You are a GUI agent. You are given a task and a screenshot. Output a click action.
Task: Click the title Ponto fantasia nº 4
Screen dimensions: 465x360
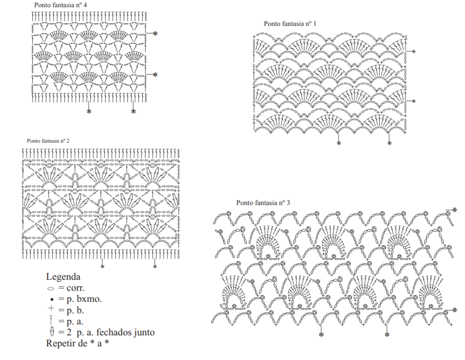[x=60, y=5]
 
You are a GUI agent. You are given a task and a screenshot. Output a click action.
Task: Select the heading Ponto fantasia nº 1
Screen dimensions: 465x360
[x=290, y=24]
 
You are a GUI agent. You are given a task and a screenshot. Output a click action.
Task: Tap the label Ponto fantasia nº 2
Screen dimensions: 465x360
[x=48, y=141]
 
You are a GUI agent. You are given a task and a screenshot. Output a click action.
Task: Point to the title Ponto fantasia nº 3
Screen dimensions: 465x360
[x=263, y=203]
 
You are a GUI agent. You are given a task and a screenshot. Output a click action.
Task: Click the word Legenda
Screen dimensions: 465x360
[x=63, y=276]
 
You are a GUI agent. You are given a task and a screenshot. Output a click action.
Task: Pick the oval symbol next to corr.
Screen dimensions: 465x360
[x=51, y=288]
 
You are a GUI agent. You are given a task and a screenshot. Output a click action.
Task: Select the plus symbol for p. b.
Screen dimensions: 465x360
[x=51, y=308]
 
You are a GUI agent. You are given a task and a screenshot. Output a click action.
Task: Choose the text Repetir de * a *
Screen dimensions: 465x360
[x=77, y=343]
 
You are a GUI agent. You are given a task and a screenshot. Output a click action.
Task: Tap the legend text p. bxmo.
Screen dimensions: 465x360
[x=84, y=299]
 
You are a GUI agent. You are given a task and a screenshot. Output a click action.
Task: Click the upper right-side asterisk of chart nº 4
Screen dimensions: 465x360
[x=155, y=34]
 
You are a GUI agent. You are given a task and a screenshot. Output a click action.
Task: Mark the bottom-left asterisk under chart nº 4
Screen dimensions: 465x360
[x=89, y=112]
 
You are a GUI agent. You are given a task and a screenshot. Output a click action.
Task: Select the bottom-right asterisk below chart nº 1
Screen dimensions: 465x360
[x=389, y=143]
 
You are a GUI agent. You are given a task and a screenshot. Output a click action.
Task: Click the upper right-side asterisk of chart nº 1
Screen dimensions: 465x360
[x=414, y=52]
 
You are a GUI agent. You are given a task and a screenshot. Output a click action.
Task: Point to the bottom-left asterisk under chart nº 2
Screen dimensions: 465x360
[x=102, y=267]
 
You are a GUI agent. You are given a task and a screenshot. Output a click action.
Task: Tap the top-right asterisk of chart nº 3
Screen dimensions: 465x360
[x=455, y=210]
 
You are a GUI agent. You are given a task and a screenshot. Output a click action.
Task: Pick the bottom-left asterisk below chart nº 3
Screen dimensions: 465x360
[x=321, y=335]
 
